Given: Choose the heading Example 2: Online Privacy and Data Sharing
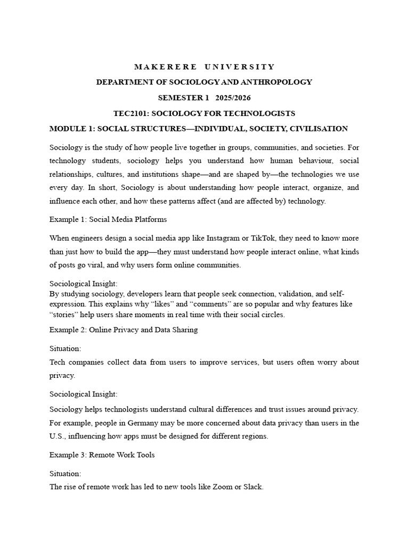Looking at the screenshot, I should [124, 329].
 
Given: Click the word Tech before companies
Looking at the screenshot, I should [58, 362].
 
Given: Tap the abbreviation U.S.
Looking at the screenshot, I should [56, 436].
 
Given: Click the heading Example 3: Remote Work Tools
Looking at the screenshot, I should [102, 455].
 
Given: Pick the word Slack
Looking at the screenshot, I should [252, 486].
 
